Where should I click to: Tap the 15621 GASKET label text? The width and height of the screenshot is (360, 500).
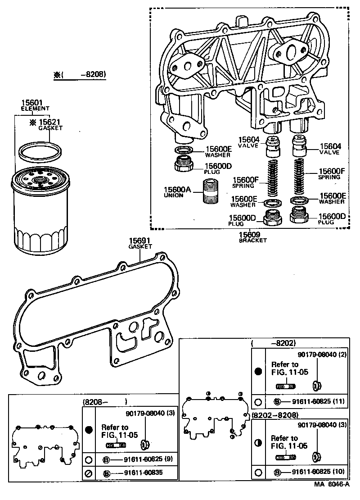(51, 125)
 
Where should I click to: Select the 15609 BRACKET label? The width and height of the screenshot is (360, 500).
(252, 237)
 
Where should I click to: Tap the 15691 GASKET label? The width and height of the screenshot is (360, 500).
(140, 244)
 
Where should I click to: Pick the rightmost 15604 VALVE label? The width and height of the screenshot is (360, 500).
(330, 149)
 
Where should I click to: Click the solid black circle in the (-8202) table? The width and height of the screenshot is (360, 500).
(258, 372)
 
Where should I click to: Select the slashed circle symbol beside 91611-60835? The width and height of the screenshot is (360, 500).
(89, 474)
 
